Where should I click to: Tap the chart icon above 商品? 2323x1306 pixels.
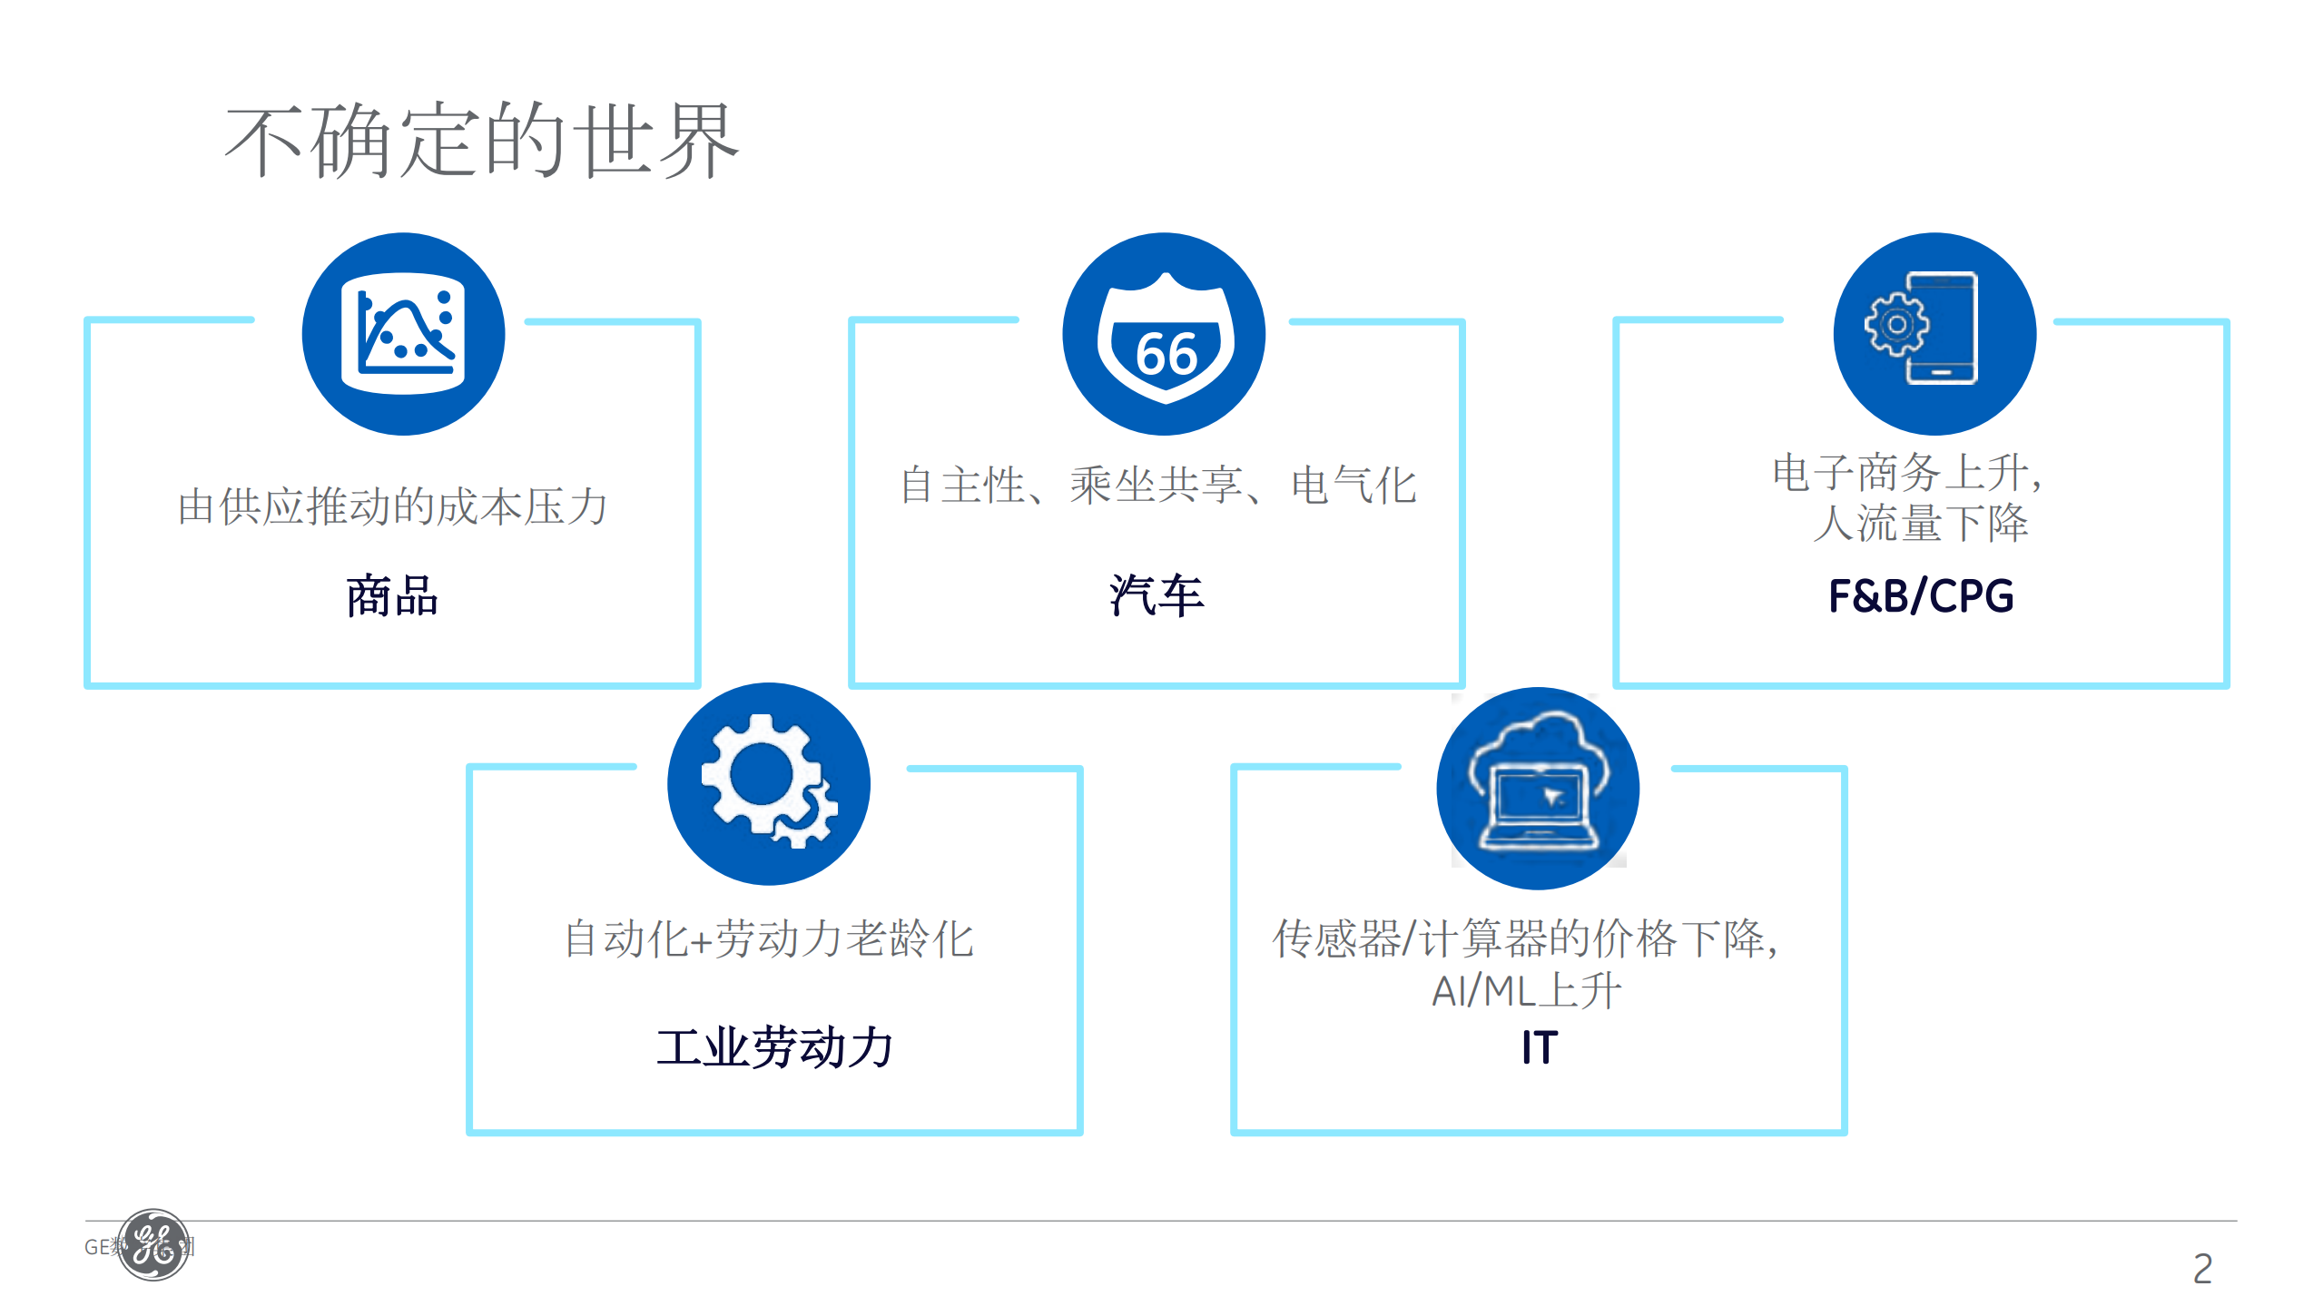click(x=403, y=334)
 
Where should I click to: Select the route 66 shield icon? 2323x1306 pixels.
click(x=1164, y=334)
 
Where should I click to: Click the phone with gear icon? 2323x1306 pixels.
click(x=1934, y=332)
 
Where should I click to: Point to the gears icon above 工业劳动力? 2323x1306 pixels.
click(x=768, y=783)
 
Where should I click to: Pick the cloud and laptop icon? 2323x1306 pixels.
click(x=1537, y=788)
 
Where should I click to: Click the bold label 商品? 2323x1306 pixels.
click(x=392, y=596)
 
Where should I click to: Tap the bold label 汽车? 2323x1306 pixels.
click(x=1157, y=596)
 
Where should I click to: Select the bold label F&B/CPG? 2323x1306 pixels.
click(x=1921, y=596)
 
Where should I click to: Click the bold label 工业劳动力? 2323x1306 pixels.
click(x=774, y=1047)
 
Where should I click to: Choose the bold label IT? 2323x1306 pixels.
click(x=1540, y=1047)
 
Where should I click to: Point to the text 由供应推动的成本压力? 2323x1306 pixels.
click(x=392, y=506)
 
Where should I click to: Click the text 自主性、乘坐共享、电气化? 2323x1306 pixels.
click(x=1157, y=485)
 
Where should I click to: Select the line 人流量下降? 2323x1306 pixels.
click(x=1920, y=524)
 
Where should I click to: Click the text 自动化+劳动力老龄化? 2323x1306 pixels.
click(x=769, y=938)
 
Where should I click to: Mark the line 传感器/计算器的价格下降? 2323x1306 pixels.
click(x=1525, y=938)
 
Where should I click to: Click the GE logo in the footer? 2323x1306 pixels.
click(x=153, y=1245)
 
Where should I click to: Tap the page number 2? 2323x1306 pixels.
click(x=2202, y=1269)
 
